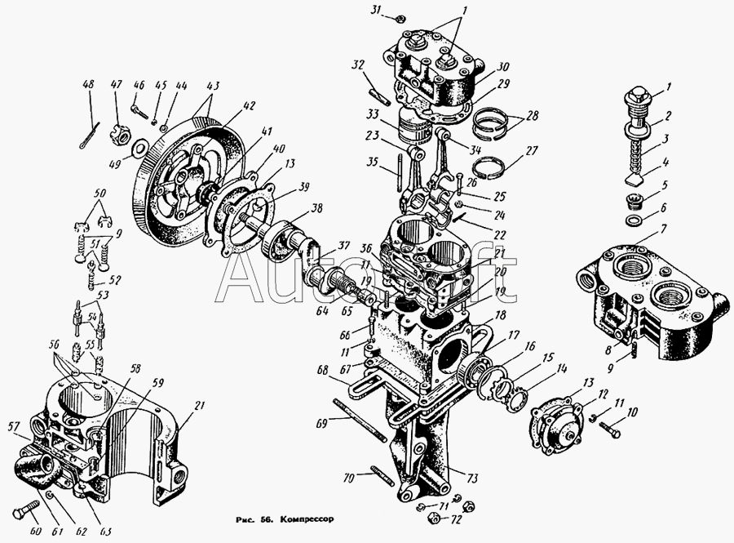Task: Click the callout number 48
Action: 89,84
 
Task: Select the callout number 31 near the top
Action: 375,11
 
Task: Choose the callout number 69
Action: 321,425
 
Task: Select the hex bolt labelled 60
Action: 30,510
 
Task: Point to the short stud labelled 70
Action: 382,474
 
